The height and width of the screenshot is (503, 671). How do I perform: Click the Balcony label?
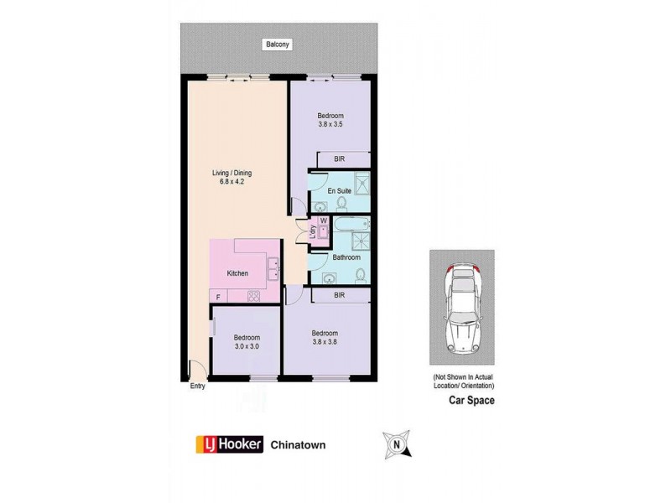pos(278,44)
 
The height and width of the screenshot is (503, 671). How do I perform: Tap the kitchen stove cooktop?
pos(252,296)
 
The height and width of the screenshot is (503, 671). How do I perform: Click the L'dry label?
pos(312,234)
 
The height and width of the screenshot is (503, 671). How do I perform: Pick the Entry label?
pos(197,386)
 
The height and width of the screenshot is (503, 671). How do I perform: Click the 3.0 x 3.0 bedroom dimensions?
pos(246,346)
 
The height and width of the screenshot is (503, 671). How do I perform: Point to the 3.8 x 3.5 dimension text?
pos(330,124)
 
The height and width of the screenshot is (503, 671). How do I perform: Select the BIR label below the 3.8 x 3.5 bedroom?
pos(339,159)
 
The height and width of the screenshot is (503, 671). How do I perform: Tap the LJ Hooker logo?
pos(229,444)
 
